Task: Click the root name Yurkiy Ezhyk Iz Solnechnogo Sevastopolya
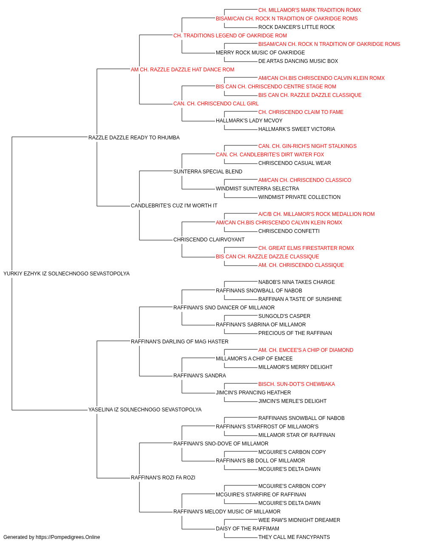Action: tap(66, 274)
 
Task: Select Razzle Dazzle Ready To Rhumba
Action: tap(134, 138)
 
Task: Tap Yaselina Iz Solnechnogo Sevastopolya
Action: tap(145, 410)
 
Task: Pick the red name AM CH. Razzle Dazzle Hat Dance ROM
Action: tap(182, 70)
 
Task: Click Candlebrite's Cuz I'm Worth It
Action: tap(174, 206)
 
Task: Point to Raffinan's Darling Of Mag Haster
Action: tap(179, 341)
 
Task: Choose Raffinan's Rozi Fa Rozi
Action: tap(163, 477)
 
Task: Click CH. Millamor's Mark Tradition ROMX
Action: tap(310, 10)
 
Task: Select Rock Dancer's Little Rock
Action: tap(296, 27)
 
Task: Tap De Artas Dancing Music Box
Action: tap(298, 61)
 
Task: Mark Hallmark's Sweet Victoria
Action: tap(297, 129)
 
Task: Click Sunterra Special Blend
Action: tap(208, 172)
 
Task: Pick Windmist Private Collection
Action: tap(299, 197)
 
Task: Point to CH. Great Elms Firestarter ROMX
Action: tap(306, 248)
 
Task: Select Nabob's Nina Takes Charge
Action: tap(296, 282)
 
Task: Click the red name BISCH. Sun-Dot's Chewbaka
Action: tap(297, 384)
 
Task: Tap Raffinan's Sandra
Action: tap(199, 376)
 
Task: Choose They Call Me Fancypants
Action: tap(294, 537)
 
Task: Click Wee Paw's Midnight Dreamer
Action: tap(299, 520)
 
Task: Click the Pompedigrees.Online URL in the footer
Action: tap(68, 537)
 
